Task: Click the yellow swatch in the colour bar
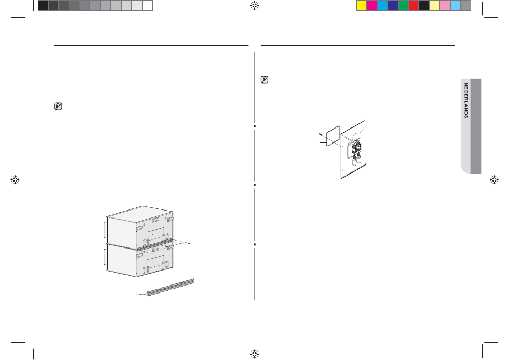(x=362, y=5)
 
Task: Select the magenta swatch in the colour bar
(x=372, y=5)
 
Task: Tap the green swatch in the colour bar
(x=403, y=5)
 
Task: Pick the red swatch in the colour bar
(x=414, y=5)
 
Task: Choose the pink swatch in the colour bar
(x=445, y=5)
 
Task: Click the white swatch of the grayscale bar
(x=147, y=5)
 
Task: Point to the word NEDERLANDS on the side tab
(x=466, y=100)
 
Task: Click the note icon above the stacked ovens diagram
(x=58, y=106)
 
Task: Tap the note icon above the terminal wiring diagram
(x=265, y=79)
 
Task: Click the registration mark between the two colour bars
(x=254, y=5)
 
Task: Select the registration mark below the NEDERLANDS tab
(x=494, y=179)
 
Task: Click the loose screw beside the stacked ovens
(x=189, y=243)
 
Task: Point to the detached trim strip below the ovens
(x=171, y=287)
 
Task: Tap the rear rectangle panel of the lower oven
(x=155, y=261)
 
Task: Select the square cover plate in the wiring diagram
(x=333, y=136)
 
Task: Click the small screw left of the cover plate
(x=320, y=134)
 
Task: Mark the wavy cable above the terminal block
(x=356, y=131)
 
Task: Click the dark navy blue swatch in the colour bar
(x=393, y=5)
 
